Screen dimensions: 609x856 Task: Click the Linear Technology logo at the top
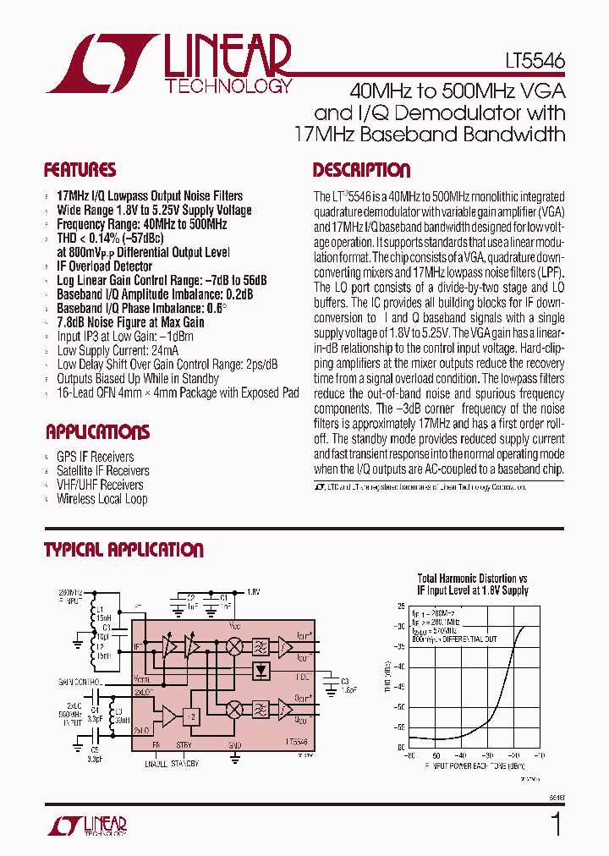tap(169, 63)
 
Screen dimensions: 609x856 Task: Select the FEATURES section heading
tap(80, 170)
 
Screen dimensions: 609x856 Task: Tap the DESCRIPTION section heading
tap(361, 170)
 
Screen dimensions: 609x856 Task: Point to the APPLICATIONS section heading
tap(97, 432)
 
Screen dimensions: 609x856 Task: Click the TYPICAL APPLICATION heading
tap(123, 550)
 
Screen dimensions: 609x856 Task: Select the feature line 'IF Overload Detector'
tap(104, 266)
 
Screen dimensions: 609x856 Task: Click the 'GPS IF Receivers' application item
tap(95, 457)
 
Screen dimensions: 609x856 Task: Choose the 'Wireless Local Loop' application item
tap(101, 499)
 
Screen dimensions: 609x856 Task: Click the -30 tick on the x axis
tap(487, 755)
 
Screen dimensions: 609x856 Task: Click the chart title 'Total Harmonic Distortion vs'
tap(472, 579)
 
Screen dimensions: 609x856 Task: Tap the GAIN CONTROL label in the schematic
tap(80, 681)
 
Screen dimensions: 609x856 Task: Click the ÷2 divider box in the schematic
tap(194, 716)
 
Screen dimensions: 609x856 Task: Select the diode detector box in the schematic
tap(262, 671)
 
